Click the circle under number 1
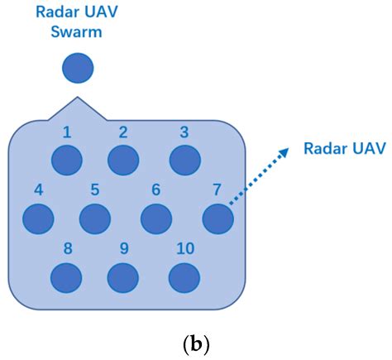click(68, 160)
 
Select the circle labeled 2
click(122, 160)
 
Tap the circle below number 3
click(184, 160)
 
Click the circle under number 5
click(94, 218)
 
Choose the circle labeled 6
click(155, 218)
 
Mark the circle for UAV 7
click(218, 218)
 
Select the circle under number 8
click(67, 277)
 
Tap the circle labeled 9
click(122, 277)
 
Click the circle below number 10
click(184, 277)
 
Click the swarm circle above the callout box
click(78, 68)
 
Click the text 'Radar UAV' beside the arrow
click(344, 149)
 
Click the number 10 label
click(184, 248)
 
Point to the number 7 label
click(216, 190)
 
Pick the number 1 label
click(68, 131)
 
